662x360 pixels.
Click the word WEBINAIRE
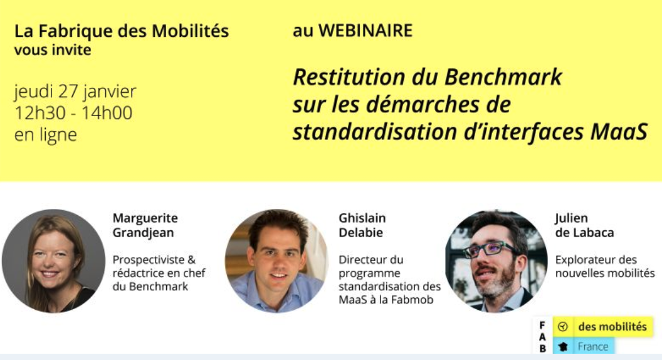point(365,31)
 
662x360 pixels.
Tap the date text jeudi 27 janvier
point(75,92)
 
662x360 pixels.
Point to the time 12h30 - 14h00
point(73,113)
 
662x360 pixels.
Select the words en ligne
point(46,135)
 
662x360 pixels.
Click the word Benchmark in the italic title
point(503,77)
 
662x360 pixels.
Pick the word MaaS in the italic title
point(619,132)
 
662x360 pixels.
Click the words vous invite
point(53,50)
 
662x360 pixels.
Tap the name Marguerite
point(145,218)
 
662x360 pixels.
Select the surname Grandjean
point(143,233)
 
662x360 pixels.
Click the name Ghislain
point(362,218)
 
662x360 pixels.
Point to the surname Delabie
point(361,233)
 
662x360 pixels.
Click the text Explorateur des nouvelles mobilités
point(605,266)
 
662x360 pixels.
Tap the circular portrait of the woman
point(53,261)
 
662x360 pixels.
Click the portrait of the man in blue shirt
point(276,261)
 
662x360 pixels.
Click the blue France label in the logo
point(584,347)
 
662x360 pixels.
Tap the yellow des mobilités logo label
point(603,327)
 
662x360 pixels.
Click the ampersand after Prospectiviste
point(191,260)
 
